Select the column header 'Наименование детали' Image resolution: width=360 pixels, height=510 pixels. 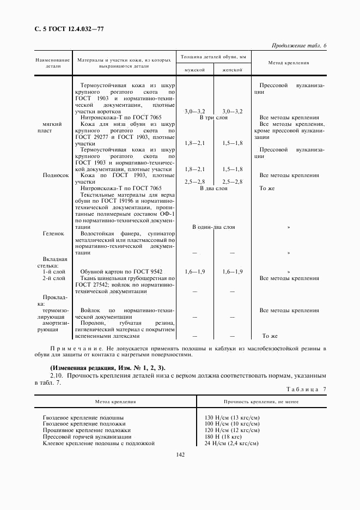(x=53, y=63)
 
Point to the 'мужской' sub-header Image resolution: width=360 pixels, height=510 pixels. (x=194, y=70)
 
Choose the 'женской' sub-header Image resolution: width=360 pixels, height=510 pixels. (x=232, y=70)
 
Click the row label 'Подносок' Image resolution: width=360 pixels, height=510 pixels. (x=56, y=175)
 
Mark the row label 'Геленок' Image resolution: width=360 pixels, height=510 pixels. (x=53, y=233)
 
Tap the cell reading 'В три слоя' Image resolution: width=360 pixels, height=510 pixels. (x=213, y=117)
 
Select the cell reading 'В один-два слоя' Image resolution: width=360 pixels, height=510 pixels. (x=213, y=227)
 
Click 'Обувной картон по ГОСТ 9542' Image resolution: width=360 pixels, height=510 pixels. (x=121, y=271)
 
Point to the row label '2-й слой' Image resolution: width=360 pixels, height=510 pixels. (x=54, y=278)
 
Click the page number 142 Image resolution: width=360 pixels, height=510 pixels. (x=181, y=454)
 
